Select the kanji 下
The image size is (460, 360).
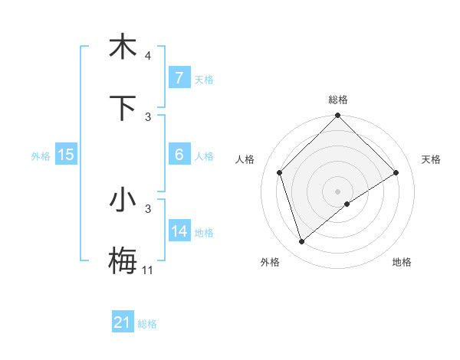(123, 108)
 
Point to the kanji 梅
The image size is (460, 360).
(123, 261)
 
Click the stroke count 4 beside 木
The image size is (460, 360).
(147, 56)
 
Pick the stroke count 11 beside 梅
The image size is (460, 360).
(148, 270)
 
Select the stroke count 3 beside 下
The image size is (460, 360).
(147, 116)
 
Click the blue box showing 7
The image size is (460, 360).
(179, 78)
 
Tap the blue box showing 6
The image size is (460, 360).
(179, 155)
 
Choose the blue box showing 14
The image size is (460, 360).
(179, 231)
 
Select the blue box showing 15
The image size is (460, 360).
(66, 155)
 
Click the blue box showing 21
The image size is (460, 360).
(123, 322)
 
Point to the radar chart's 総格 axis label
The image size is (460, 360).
(338, 100)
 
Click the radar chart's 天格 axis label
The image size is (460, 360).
(432, 159)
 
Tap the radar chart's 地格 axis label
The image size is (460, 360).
(402, 262)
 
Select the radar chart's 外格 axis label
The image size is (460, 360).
(270, 262)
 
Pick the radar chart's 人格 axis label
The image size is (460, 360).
(245, 159)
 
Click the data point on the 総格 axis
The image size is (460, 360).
(338, 116)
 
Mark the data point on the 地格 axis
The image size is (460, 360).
(347, 204)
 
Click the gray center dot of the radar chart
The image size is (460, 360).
(338, 191)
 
